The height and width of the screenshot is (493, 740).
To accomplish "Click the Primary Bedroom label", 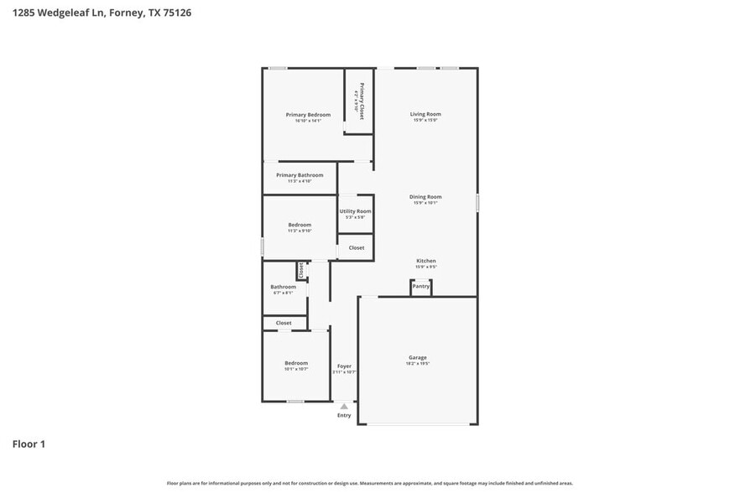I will (308, 114).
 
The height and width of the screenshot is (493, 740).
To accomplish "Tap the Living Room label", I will (425, 114).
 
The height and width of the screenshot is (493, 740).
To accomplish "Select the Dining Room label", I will (425, 197).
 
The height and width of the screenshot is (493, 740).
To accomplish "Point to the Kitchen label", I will (425, 261).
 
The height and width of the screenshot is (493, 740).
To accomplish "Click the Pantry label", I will (420, 287).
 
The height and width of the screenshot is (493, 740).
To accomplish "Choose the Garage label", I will (418, 358).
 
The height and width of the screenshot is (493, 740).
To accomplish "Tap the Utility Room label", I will (355, 211).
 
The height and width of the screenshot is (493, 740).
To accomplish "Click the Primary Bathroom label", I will (300, 175).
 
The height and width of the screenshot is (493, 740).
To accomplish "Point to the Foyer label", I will (344, 366).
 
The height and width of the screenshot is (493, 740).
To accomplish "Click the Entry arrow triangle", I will (344, 407).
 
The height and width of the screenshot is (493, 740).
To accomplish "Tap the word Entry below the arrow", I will (344, 415).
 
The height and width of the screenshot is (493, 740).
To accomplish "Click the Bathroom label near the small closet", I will (283, 287).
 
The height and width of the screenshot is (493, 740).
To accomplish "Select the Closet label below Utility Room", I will (357, 247).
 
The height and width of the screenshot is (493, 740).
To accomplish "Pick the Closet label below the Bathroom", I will (284, 323).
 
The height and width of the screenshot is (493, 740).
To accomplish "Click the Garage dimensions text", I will (418, 365).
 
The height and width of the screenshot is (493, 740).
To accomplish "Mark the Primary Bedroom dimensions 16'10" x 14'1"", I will (308, 121).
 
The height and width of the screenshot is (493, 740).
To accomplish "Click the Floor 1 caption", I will (28, 444).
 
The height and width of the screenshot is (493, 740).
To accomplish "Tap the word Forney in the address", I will (127, 13).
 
